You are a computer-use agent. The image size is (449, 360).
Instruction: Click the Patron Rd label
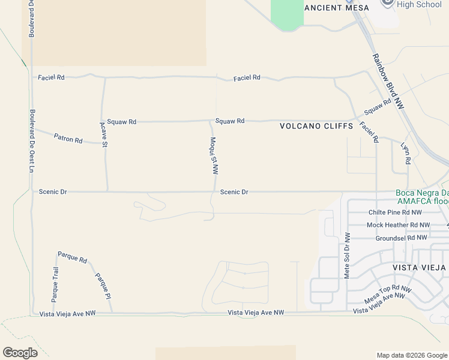pos(68,139)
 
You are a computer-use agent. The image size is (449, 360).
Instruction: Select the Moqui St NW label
pos(213,155)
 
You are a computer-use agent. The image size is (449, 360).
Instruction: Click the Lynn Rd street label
pos(406,154)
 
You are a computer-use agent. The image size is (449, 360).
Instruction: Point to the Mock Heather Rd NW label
pos(398,225)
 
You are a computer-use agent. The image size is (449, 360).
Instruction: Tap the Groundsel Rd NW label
pos(401,238)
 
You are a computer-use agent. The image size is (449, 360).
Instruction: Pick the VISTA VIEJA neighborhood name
pos(419,267)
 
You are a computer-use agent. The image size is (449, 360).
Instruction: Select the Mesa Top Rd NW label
pos(388,294)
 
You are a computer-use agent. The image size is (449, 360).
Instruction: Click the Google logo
pos(20,353)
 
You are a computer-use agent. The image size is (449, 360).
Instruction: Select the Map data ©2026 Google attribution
pos(411,355)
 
